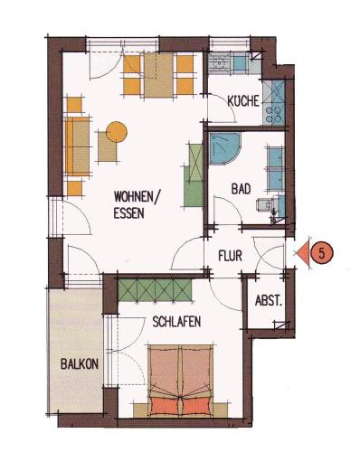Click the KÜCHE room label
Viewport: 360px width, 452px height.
[243, 101]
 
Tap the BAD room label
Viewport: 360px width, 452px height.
[241, 189]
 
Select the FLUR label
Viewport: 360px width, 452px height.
[230, 256]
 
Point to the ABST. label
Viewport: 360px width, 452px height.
[269, 301]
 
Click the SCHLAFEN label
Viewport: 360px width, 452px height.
[176, 322]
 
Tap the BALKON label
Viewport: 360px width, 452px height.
[80, 364]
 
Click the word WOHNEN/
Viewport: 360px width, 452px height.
[137, 197]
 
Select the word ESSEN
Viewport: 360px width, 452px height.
[128, 213]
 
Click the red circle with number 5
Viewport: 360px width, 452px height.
[322, 253]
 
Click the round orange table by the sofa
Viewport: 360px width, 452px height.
[117, 132]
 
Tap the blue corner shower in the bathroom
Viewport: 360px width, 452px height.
[224, 148]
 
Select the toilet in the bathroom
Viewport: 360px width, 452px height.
[265, 206]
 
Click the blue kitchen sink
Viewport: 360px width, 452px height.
[241, 64]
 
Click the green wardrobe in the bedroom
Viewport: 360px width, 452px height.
[155, 290]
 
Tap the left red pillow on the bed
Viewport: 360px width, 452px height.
[165, 406]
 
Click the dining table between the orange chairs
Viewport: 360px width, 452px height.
[158, 75]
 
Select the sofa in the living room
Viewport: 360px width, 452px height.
[77, 146]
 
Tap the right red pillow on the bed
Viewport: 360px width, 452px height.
[196, 406]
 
